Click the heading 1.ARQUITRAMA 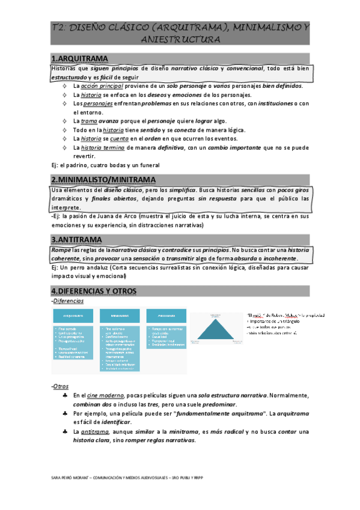point(80,58)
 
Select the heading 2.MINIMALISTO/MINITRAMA point(103,180)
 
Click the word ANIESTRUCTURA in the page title point(180,39)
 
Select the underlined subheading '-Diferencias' point(67,301)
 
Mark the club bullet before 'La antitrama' point(64,432)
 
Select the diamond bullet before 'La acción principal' point(64,87)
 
